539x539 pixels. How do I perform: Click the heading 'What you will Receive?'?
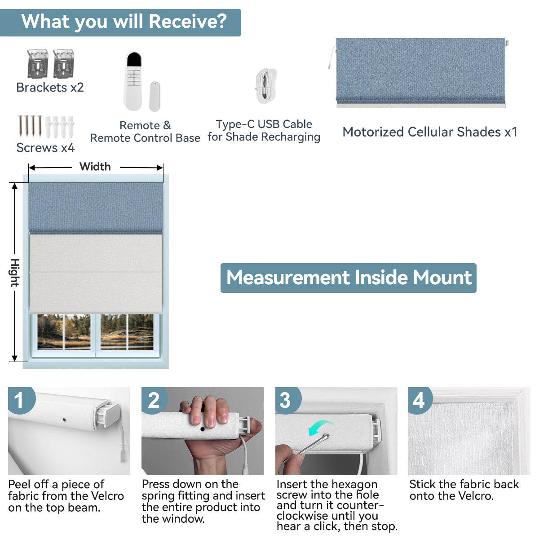coord(124,22)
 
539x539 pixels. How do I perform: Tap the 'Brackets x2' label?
coord(50,88)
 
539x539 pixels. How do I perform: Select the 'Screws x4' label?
coord(45,148)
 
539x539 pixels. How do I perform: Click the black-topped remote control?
coord(133,81)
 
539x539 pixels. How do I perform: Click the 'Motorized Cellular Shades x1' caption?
coord(430,132)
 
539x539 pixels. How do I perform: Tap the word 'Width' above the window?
coord(95,167)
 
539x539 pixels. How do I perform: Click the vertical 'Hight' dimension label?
coord(15,273)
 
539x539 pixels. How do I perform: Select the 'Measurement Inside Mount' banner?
coord(349,278)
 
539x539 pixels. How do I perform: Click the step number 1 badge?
coord(19,400)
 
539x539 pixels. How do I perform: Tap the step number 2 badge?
coord(154,400)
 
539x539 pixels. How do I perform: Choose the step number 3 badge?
coord(286,400)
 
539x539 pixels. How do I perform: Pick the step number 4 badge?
coord(419,400)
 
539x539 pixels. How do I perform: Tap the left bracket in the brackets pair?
coord(37,63)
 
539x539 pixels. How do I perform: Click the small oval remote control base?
coord(155,96)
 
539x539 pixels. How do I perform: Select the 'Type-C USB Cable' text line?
coord(264,124)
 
